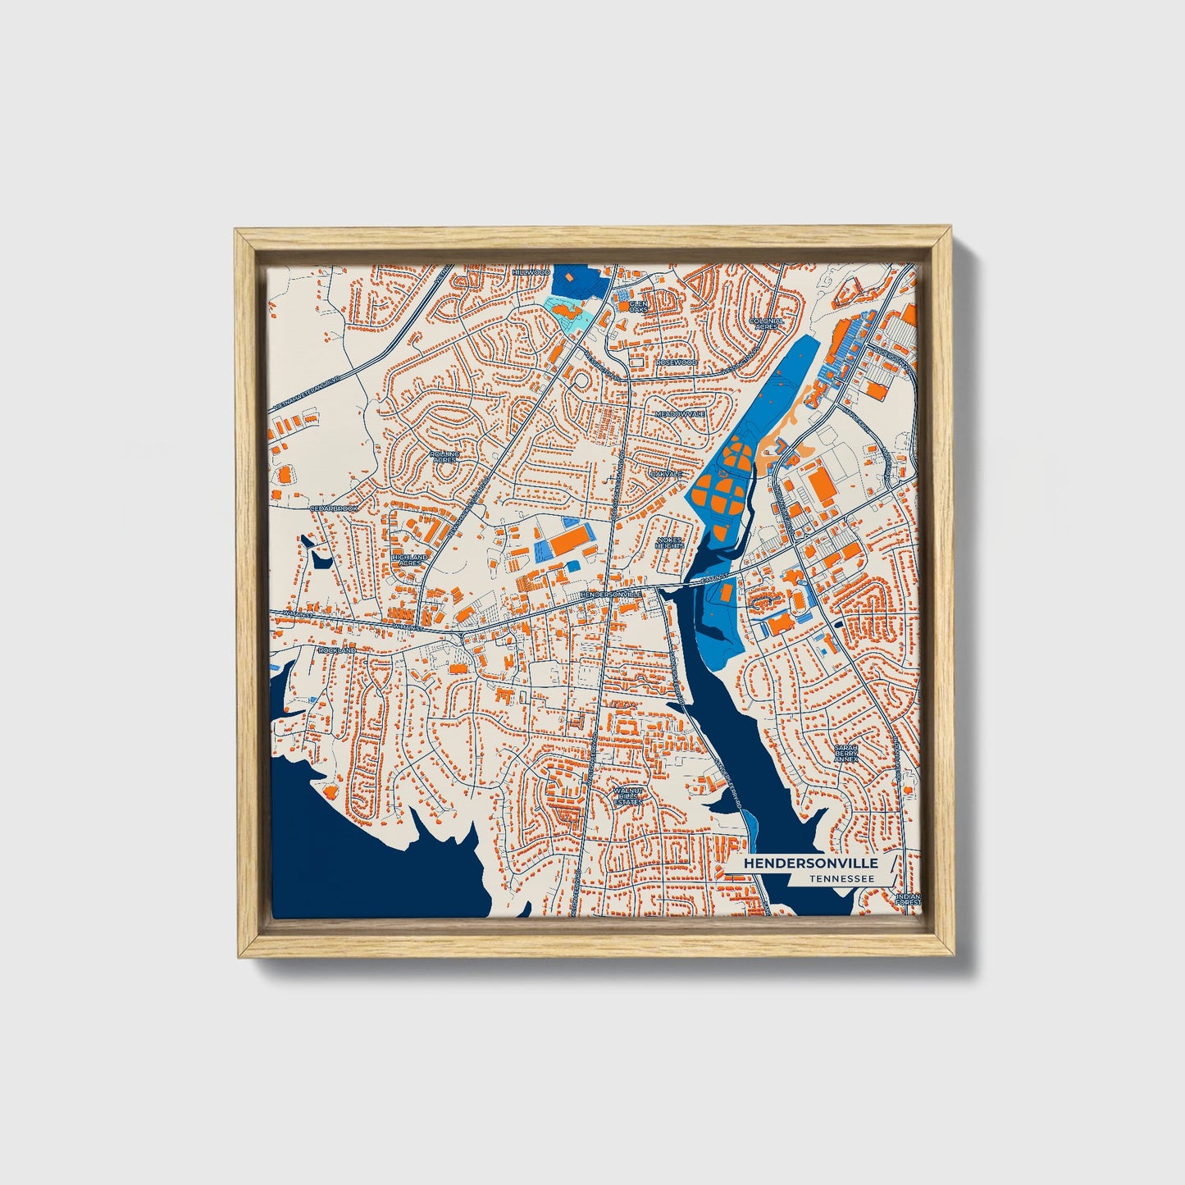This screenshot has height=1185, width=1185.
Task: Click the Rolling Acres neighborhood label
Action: tap(444, 456)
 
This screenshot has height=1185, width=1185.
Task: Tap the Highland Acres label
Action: tap(410, 560)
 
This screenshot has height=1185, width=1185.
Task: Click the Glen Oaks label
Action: tap(638, 305)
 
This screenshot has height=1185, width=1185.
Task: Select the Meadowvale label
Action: tap(680, 414)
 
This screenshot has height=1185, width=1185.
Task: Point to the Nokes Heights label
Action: tap(670, 543)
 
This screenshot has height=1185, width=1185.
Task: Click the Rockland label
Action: tap(338, 649)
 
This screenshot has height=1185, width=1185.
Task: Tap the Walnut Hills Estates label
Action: tap(628, 795)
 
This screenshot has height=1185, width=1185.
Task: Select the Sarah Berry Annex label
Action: tap(846, 753)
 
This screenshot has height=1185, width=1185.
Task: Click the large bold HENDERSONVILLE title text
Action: tap(810, 864)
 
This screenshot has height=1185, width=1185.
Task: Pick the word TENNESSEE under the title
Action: tap(840, 879)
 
